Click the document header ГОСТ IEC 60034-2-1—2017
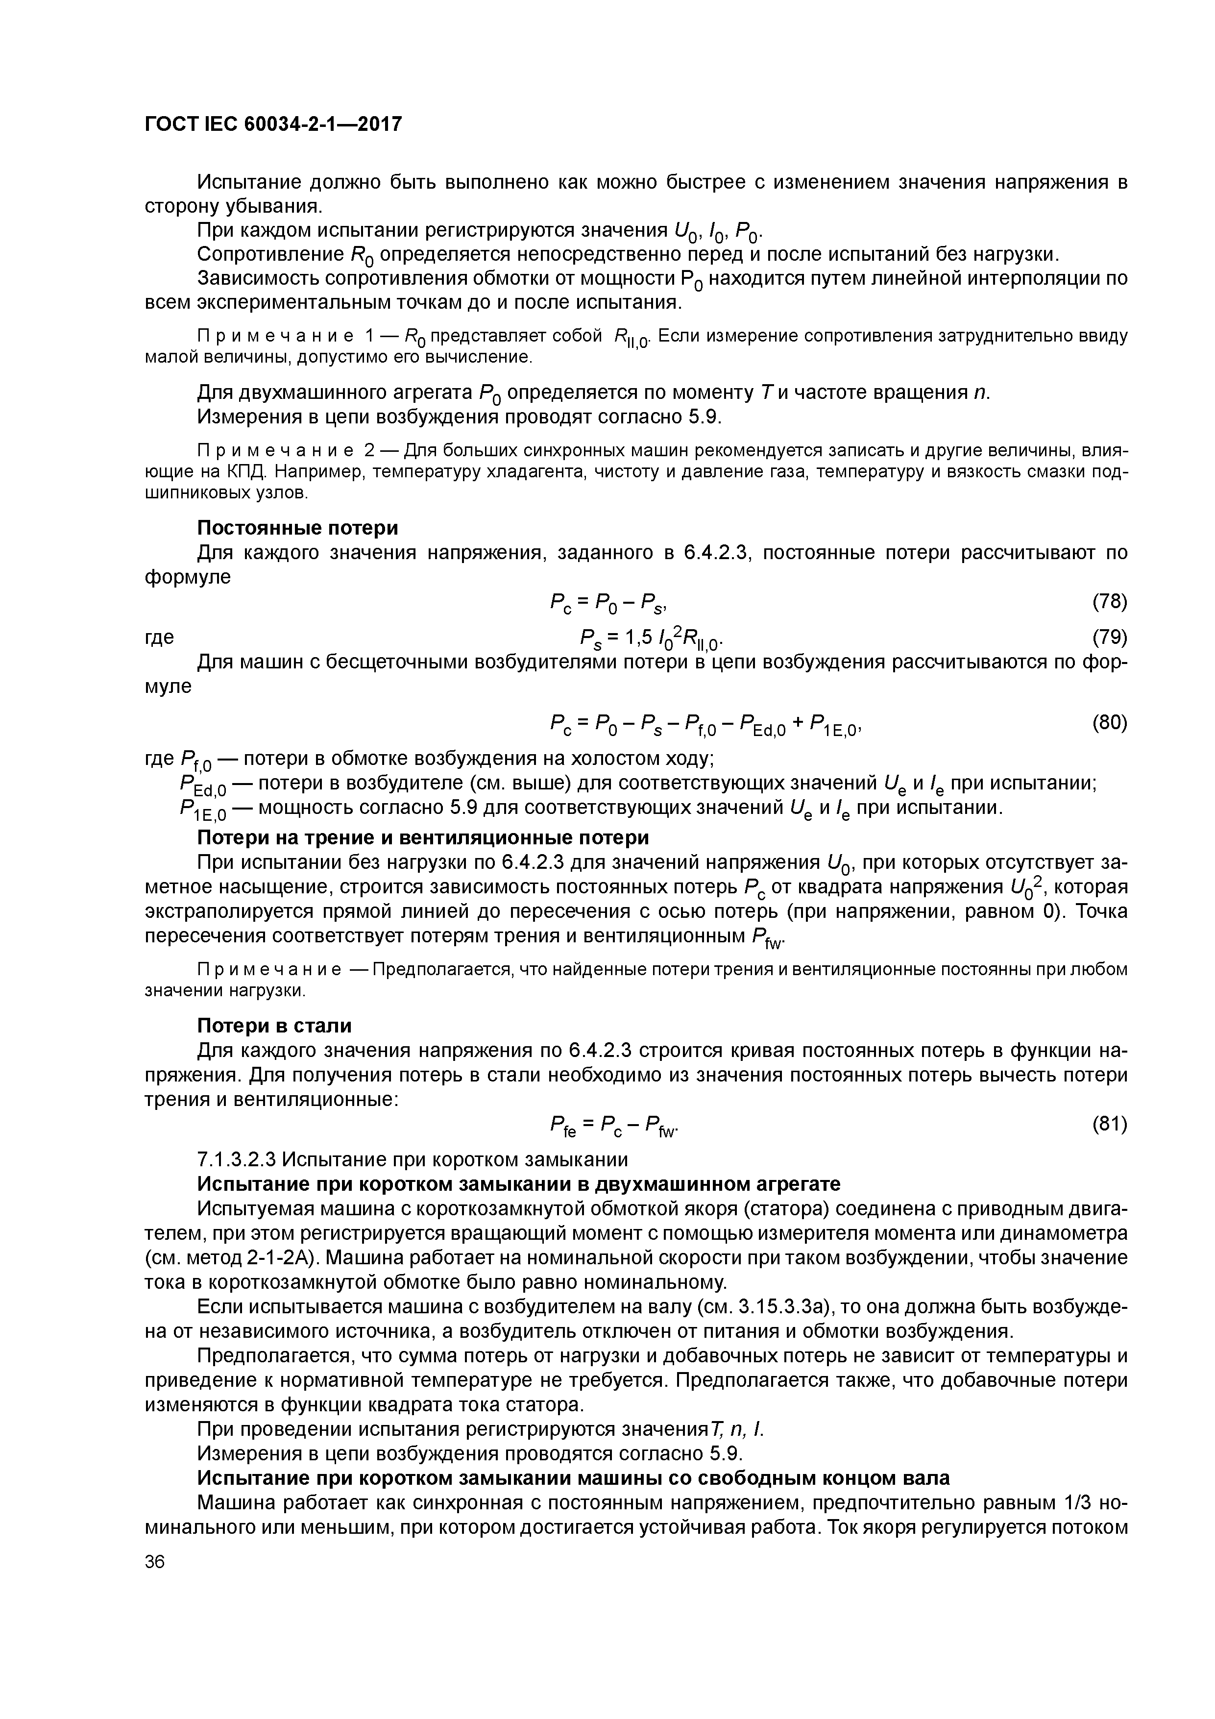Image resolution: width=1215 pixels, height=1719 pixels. [x=273, y=123]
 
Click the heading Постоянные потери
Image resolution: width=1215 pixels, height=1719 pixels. [x=297, y=528]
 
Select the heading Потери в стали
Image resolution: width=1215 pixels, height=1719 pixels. [x=274, y=1025]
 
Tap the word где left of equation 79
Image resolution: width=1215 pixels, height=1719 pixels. [x=159, y=637]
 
